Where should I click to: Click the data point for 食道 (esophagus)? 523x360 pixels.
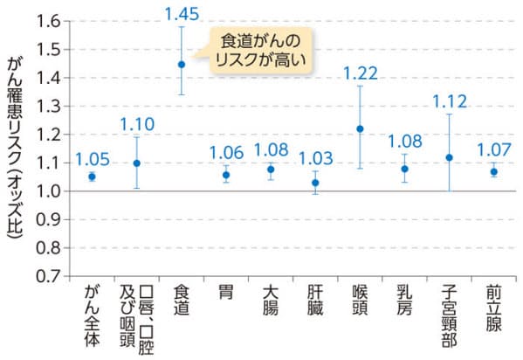pos(182,64)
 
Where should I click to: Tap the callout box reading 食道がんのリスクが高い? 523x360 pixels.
pos(259,50)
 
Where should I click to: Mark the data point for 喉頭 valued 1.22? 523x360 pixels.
pos(360,128)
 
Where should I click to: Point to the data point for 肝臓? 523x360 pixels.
pos(315,183)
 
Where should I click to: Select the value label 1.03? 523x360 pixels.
pos(315,157)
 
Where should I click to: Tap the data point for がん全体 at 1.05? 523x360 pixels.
pos(92,177)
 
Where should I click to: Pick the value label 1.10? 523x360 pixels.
pos(136,123)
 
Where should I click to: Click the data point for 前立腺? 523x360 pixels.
pos(493,171)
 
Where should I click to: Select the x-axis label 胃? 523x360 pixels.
pos(225,292)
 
